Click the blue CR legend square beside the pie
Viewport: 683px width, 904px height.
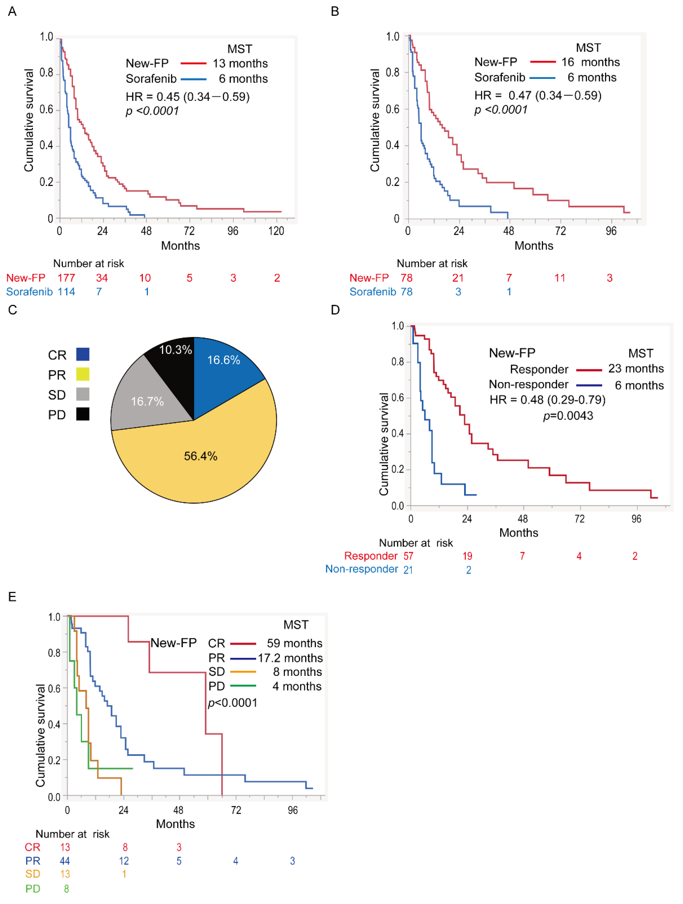click(x=83, y=354)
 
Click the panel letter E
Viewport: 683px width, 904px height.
click(x=12, y=597)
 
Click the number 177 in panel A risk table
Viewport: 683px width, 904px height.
click(x=66, y=278)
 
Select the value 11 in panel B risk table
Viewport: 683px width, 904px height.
click(x=559, y=278)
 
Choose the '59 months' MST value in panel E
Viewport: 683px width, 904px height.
click(x=294, y=643)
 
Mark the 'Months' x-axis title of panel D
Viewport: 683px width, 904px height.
click(x=519, y=533)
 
